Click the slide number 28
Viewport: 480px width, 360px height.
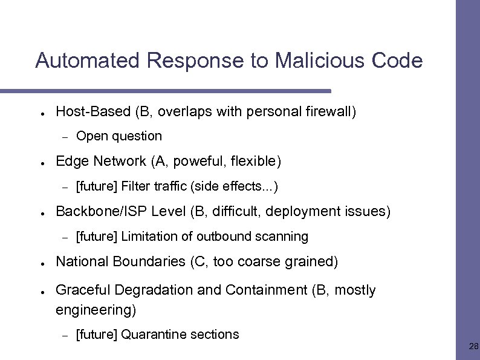pyautogui.click(x=473, y=347)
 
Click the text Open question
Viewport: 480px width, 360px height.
pyautogui.click(x=119, y=136)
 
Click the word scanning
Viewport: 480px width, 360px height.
pyautogui.click(x=283, y=237)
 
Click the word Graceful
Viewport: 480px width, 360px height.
pyautogui.click(x=80, y=290)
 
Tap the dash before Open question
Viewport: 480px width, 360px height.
pyautogui.click(x=64, y=137)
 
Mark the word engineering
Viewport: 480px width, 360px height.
pyautogui.click(x=96, y=311)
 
